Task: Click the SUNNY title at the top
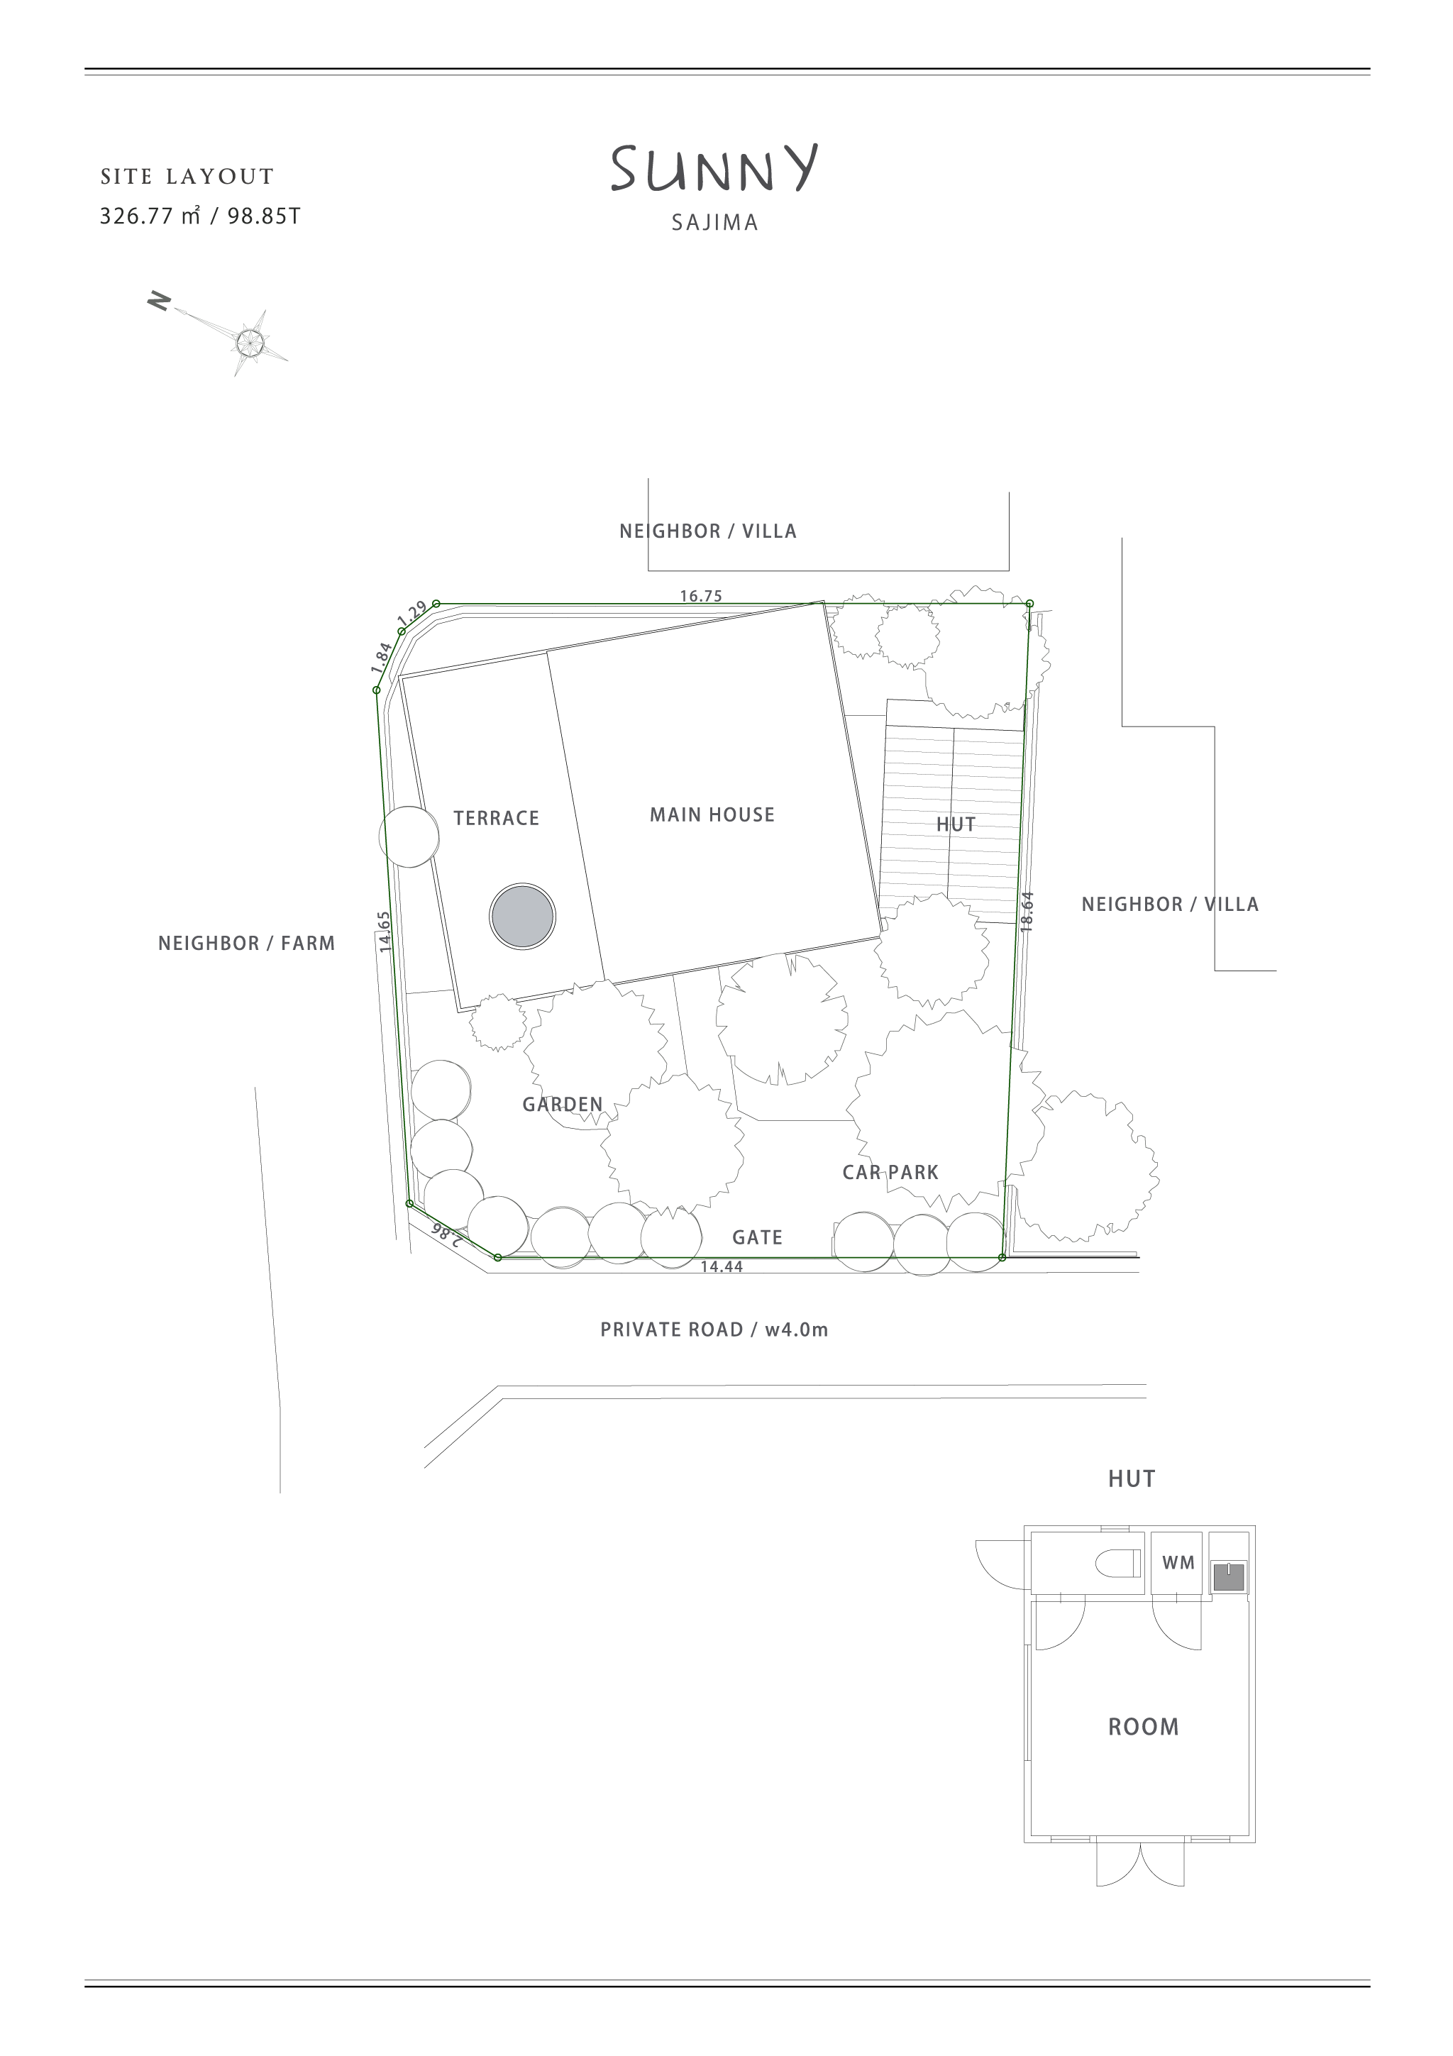click(714, 170)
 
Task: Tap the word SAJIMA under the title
click(714, 223)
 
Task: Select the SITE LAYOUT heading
click(187, 177)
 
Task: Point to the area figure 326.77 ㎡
click(150, 216)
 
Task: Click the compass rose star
click(250, 341)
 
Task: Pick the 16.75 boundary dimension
click(701, 595)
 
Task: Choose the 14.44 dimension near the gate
click(722, 1266)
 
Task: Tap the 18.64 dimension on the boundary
click(1027, 912)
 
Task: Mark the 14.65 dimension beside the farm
click(384, 932)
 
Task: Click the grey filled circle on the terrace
click(523, 916)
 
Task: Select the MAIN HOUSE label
click(712, 815)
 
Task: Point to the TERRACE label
click(496, 819)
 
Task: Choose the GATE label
click(758, 1237)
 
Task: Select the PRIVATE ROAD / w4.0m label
click(714, 1330)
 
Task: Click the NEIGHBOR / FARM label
click(246, 943)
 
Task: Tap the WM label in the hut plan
click(1178, 1563)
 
